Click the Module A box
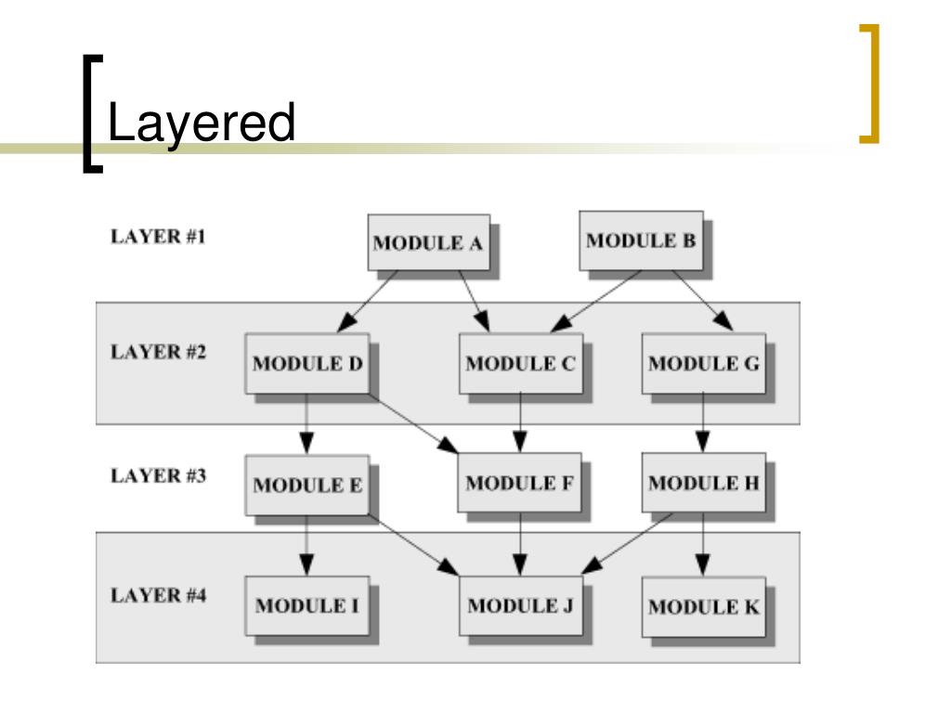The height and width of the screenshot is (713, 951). click(429, 242)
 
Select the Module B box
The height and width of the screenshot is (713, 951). click(641, 240)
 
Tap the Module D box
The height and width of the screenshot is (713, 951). click(306, 363)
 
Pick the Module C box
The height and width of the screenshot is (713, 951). click(520, 363)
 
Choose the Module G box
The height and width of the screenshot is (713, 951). click(704, 363)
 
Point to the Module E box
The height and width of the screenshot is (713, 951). click(306, 485)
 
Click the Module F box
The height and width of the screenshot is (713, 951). click(519, 483)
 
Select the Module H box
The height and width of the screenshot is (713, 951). click(704, 483)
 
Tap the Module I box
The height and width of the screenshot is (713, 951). click(306, 605)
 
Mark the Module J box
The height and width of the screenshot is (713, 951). click(520, 605)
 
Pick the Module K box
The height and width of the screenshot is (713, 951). click(704, 607)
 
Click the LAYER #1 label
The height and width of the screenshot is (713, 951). click(158, 237)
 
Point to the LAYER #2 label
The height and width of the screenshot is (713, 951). click(158, 352)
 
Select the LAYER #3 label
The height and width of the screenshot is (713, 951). click(158, 476)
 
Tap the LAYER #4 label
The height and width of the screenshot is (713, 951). click(158, 595)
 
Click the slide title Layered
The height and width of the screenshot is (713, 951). click(202, 124)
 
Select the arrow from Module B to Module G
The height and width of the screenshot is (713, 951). click(702, 301)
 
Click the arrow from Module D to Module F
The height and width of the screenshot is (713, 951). click(413, 423)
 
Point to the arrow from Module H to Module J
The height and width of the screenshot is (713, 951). click(627, 544)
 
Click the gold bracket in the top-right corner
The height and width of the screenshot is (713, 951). click(869, 84)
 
